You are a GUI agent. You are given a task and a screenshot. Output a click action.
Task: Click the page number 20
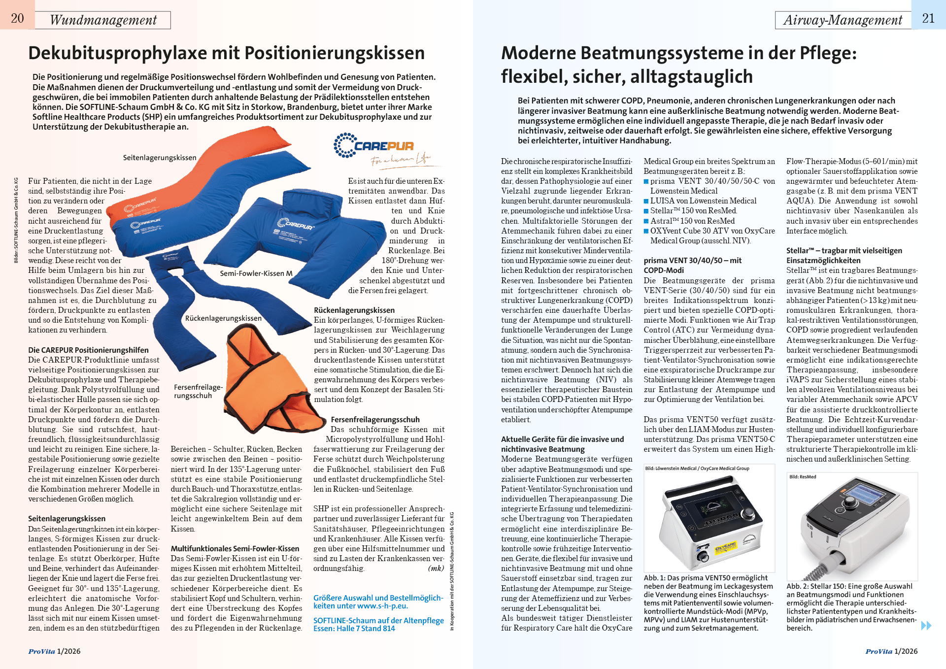pos(17,18)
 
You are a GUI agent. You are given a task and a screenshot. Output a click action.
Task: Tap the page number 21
pos(928,18)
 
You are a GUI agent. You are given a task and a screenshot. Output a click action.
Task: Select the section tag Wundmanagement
pos(103,20)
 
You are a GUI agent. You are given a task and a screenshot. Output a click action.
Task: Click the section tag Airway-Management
pos(843,20)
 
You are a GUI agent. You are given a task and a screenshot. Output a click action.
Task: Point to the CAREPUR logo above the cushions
pos(374,146)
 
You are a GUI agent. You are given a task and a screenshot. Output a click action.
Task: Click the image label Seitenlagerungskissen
pos(160,158)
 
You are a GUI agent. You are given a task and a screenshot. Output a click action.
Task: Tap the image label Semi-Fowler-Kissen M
pos(256,273)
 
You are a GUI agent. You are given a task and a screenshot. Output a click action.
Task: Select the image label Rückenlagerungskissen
pos(223,318)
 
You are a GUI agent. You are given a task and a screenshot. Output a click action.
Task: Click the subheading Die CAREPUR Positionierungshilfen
pos(88,350)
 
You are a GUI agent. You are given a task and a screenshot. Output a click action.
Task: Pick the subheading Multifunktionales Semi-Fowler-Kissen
pos(235,548)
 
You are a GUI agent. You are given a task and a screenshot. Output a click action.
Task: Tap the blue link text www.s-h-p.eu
pos(382,606)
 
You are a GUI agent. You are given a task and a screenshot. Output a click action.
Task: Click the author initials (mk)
pos(436,568)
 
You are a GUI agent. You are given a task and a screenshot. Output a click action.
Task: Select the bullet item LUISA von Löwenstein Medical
pos(703,201)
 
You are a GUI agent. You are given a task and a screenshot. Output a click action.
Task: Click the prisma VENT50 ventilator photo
pos(709,522)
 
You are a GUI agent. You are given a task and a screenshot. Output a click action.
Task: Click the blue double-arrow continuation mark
pos(926,626)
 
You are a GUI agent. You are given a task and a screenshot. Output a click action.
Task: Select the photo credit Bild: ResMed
pos(803,477)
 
